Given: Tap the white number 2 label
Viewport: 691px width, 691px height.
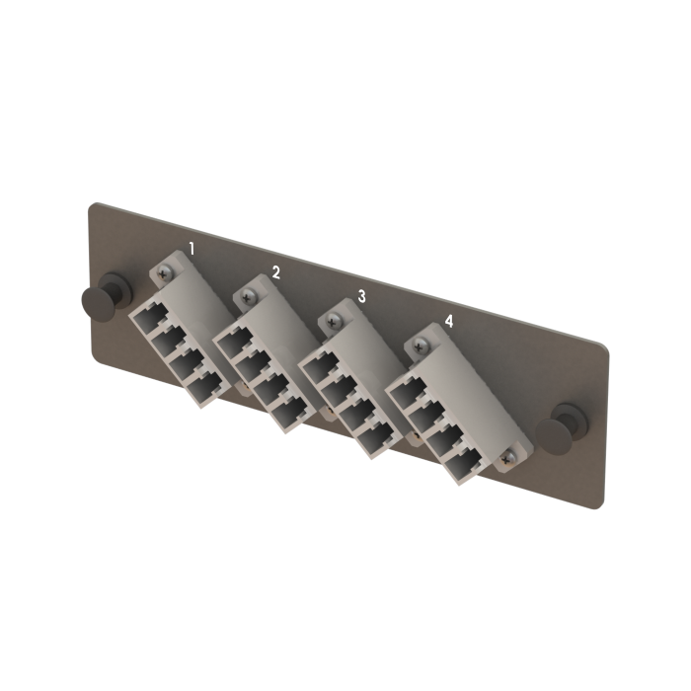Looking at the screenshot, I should click(276, 271).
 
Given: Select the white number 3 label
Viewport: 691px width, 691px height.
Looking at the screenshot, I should click(361, 295).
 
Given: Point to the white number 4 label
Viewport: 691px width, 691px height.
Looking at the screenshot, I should click(449, 321).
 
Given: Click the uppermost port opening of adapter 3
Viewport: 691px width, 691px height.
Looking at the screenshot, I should click(316, 370).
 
